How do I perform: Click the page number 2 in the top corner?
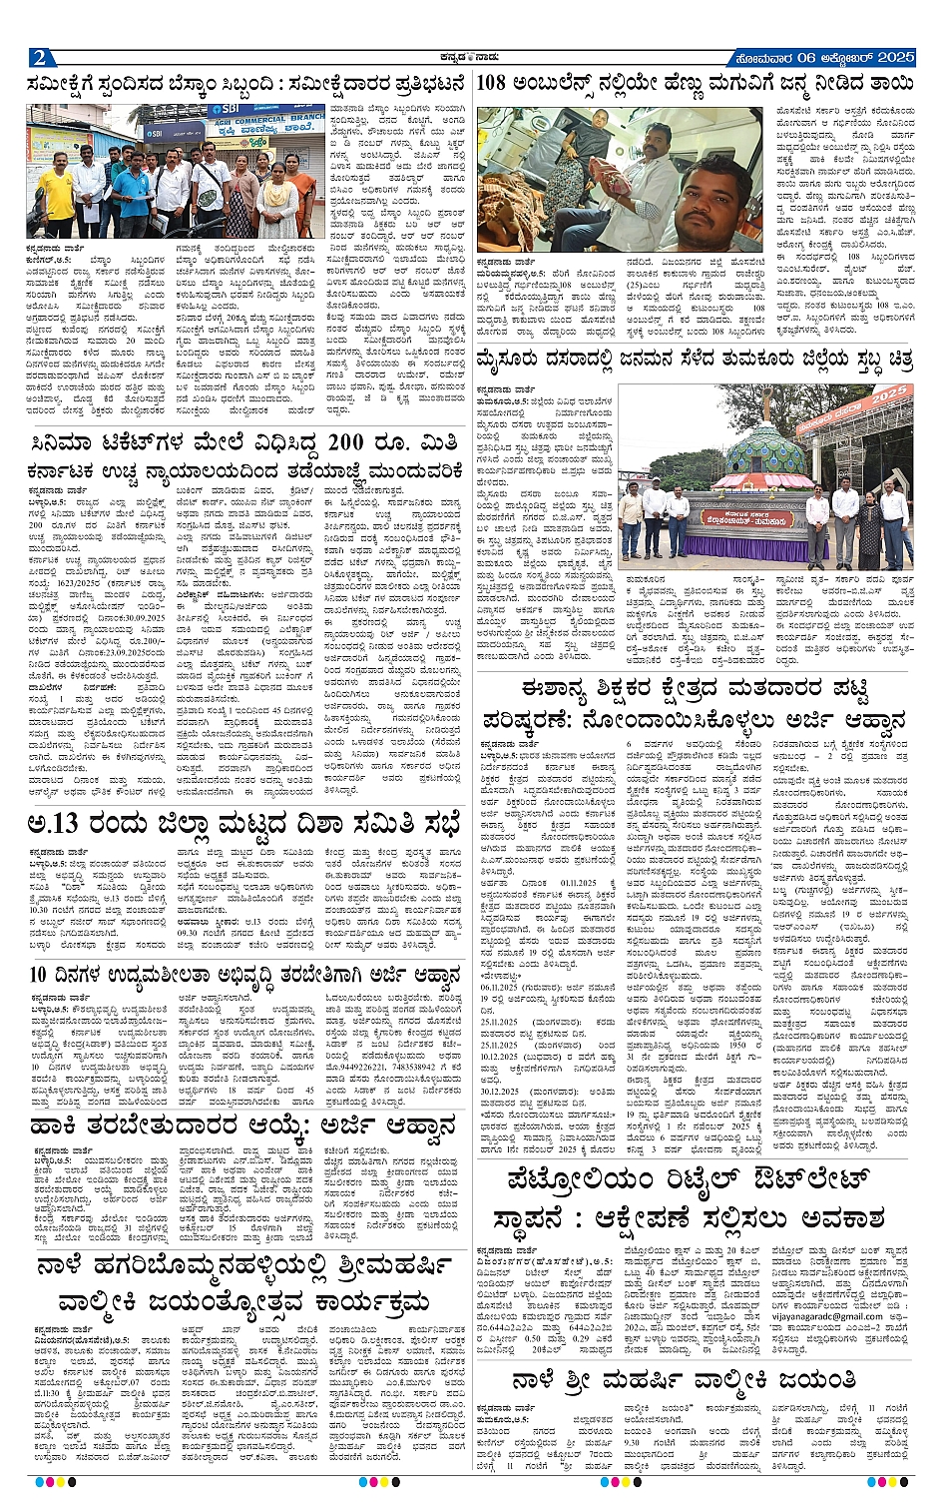click(x=40, y=57)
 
